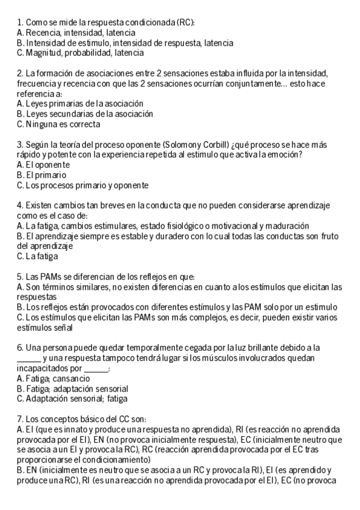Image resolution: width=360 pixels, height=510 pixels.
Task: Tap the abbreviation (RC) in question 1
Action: click(x=186, y=22)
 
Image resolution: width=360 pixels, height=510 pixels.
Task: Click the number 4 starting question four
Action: click(x=20, y=206)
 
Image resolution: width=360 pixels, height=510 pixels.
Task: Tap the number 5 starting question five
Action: click(x=20, y=277)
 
